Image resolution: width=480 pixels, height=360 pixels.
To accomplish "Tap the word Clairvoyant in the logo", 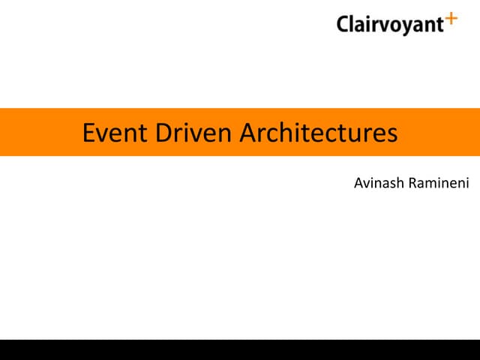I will coord(390,25).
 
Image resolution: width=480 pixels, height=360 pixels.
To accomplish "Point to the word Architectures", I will coord(318,133).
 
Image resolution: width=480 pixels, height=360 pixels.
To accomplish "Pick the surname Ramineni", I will coord(439,183).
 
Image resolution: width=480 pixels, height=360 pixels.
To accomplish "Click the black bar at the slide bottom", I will coord(240,349).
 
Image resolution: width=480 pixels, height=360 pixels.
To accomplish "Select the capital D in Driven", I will coord(163,133).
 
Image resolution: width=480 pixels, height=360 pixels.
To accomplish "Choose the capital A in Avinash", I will coord(358,183).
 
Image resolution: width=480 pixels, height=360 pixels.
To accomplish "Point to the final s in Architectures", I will coord(391,135).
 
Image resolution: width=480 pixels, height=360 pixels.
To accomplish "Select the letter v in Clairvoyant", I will coord(382,25).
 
